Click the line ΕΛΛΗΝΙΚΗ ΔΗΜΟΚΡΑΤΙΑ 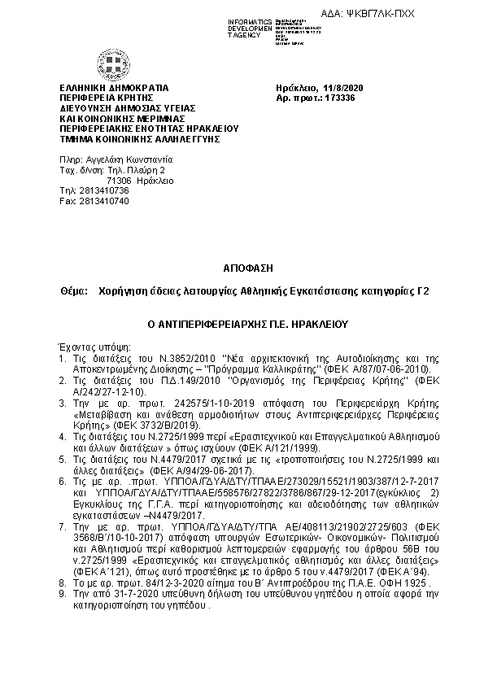113,88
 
